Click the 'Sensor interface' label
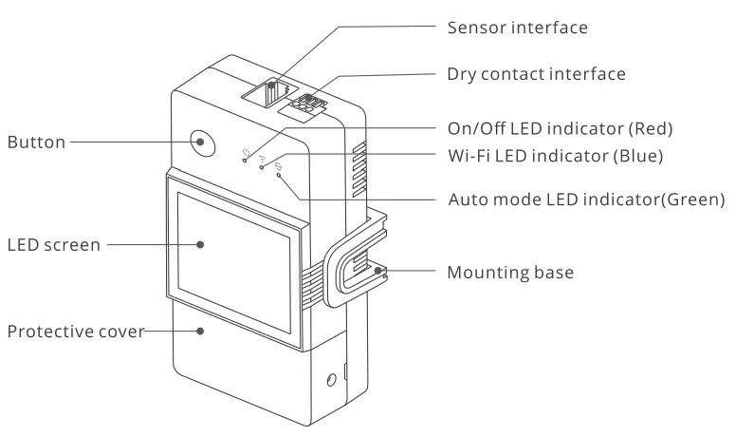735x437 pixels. point(517,28)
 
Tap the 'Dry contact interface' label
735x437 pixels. point(536,73)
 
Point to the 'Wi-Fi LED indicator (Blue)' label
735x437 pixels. point(555,155)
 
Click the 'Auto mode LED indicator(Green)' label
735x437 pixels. point(585,200)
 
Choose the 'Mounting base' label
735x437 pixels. point(510,273)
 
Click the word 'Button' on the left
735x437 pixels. point(36,142)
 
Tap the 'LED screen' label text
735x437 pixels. point(53,245)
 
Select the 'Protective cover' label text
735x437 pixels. point(74,332)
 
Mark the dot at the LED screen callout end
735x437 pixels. point(201,244)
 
